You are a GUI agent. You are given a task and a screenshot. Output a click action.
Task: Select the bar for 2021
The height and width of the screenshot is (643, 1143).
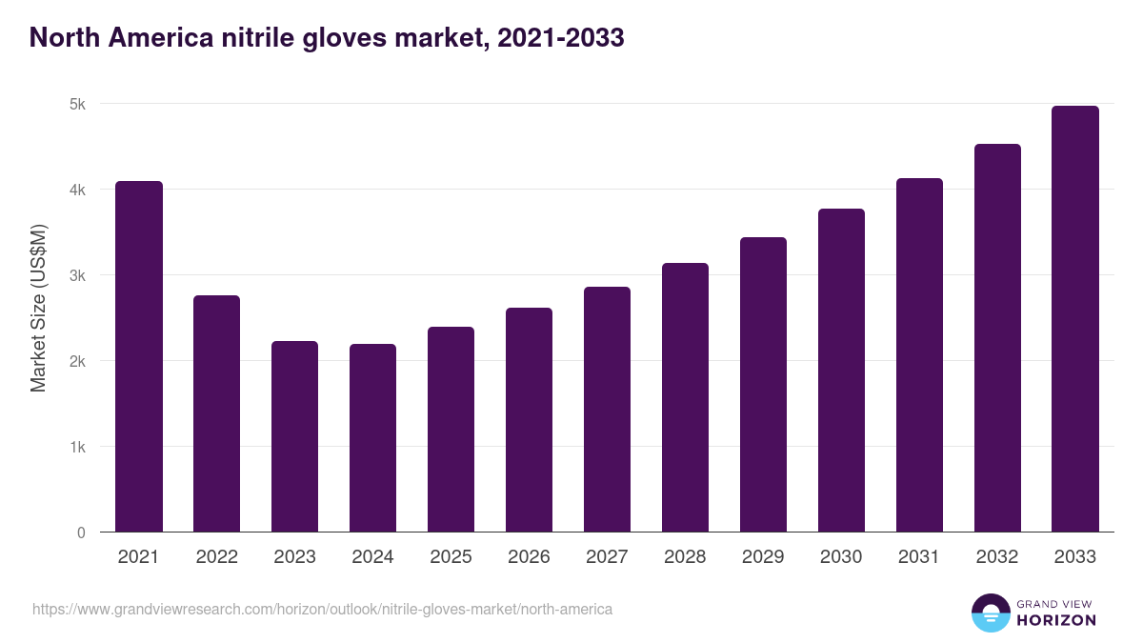tap(139, 356)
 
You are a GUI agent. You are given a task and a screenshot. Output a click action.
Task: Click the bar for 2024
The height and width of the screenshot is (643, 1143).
tap(372, 438)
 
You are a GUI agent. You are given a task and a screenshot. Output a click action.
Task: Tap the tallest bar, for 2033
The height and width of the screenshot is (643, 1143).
tap(1075, 319)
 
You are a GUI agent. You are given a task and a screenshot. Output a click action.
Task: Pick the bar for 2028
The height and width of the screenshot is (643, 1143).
tap(685, 397)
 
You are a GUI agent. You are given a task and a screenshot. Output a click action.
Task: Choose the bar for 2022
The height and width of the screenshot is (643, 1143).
tap(217, 413)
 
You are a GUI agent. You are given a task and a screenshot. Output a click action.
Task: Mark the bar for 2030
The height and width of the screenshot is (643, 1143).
tap(841, 371)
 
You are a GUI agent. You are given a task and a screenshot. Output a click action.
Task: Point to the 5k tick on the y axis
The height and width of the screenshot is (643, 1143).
tap(78, 104)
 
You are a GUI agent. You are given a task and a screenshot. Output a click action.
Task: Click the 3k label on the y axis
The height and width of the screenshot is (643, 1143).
tap(78, 275)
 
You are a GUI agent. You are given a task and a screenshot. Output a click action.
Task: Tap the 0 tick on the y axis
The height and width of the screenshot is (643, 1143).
tap(82, 532)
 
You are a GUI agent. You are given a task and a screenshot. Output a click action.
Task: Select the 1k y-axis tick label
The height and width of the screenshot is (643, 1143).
tap(78, 447)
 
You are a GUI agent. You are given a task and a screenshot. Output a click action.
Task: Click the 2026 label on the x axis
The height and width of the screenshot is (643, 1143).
tap(529, 557)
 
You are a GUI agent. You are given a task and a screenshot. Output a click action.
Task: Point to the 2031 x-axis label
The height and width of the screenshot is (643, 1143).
tap(919, 557)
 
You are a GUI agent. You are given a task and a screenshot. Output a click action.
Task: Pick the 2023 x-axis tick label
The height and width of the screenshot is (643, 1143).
tap(294, 557)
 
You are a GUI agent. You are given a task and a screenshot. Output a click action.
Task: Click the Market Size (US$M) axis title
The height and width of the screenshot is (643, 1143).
tap(38, 308)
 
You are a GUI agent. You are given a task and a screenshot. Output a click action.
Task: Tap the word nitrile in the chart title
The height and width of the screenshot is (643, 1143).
tap(266, 38)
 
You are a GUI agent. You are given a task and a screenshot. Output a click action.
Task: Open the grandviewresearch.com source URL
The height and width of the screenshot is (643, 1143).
tap(322, 609)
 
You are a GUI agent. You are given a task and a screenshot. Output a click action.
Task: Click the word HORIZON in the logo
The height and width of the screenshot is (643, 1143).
tap(1056, 620)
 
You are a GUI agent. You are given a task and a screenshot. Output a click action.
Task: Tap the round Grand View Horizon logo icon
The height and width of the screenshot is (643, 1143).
tap(991, 613)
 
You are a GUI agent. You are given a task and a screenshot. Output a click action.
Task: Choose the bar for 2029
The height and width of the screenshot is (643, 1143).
tap(763, 385)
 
